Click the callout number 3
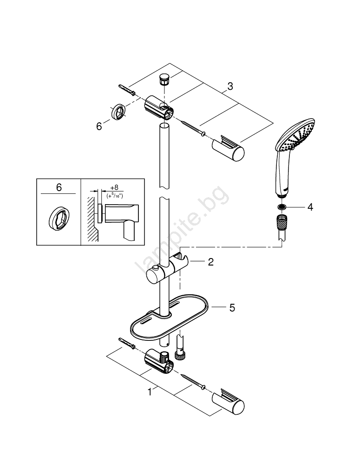click(230, 86)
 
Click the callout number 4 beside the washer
click(310, 207)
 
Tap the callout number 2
click(211, 262)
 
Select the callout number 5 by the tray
click(232, 307)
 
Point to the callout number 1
click(150, 392)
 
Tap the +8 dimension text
click(114, 187)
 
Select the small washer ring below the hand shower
click(282, 207)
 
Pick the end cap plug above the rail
click(164, 79)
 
